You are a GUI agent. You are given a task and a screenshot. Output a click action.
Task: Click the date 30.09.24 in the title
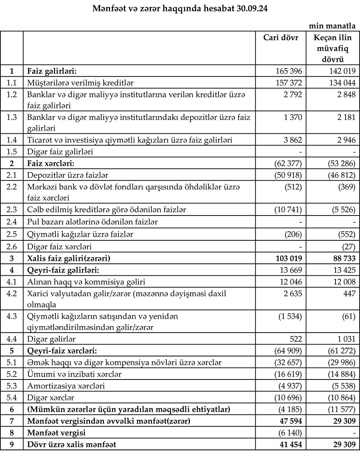pos(249,9)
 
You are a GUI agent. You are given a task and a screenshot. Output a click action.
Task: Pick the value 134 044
pos(340,83)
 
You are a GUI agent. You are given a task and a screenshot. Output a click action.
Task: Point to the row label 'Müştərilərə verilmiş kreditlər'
pos(81,83)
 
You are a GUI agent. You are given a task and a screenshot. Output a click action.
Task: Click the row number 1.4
pos(12,140)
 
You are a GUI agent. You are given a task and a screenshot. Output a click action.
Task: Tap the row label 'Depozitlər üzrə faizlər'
pos(68,175)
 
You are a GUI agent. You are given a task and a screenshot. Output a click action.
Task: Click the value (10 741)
pos(287,209)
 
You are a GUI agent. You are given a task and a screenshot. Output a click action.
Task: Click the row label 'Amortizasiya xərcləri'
pos(66,386)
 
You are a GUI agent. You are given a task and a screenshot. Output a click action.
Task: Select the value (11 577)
pos(340,409)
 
